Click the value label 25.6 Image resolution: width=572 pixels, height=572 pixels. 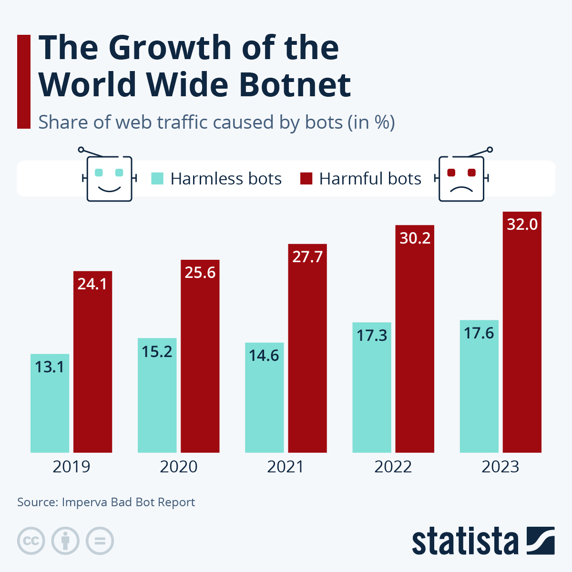pyautogui.click(x=200, y=272)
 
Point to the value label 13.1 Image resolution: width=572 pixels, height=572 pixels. pyautogui.click(x=50, y=367)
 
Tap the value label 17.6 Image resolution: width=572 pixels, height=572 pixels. pyautogui.click(x=479, y=333)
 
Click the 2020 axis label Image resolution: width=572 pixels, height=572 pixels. pyautogui.click(x=178, y=467)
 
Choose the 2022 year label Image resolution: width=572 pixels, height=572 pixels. pyautogui.click(x=393, y=467)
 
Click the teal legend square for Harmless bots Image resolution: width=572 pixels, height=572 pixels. pyautogui.click(x=157, y=179)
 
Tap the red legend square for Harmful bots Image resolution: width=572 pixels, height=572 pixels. pyautogui.click(x=306, y=179)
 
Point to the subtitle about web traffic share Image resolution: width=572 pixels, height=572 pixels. pyautogui.click(x=216, y=123)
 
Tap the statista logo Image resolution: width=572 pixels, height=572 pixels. pyautogui.click(x=483, y=541)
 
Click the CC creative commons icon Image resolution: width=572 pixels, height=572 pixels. pyautogui.click(x=31, y=541)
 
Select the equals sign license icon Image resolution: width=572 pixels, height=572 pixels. pyautogui.click(x=100, y=541)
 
